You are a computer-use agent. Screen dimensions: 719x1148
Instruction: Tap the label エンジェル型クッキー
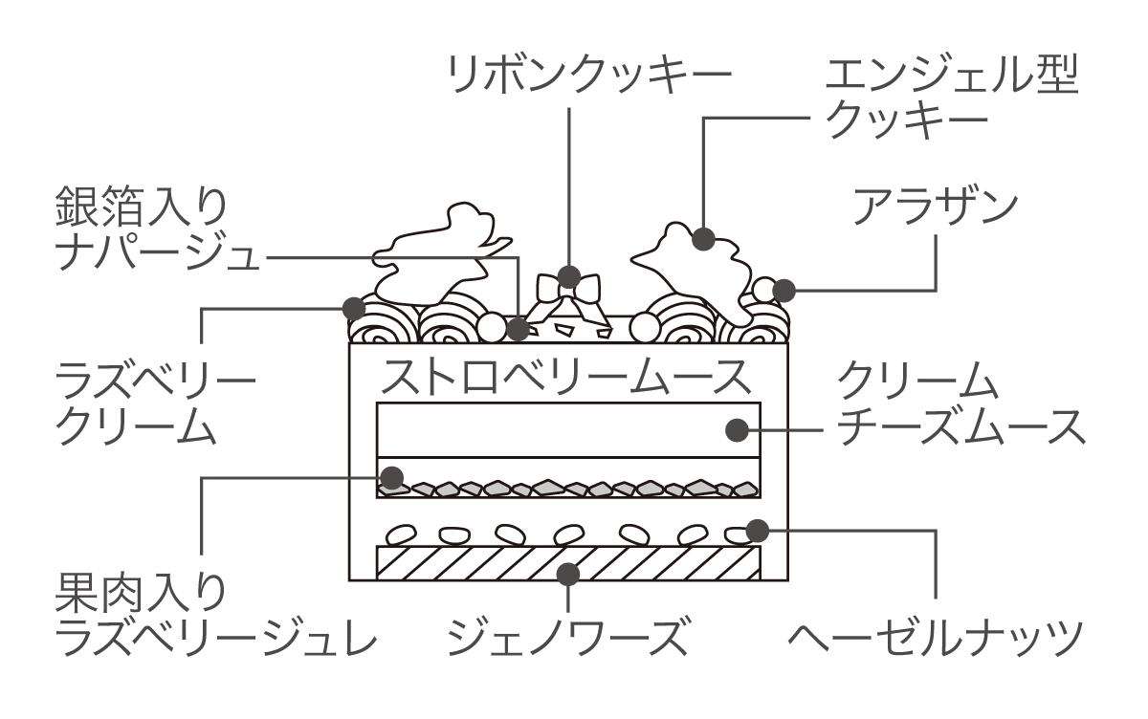tap(951, 99)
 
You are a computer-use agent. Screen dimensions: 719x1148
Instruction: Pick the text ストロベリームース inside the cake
tap(564, 377)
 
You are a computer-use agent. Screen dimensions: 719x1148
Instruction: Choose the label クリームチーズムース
tap(960, 405)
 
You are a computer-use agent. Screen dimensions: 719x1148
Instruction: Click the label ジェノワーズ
tap(568, 634)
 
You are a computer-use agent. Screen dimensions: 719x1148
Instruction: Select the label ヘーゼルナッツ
tap(936, 634)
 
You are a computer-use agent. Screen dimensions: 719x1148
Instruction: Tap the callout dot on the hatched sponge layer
tap(568, 573)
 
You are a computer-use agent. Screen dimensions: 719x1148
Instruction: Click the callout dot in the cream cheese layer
tap(736, 429)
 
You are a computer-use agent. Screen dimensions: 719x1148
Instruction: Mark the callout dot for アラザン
tap(784, 289)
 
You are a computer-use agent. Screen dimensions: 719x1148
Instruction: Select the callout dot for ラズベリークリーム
tap(354, 308)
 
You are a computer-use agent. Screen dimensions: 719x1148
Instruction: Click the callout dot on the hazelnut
tap(757, 528)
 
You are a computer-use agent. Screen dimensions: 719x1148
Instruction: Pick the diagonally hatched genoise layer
tap(478, 563)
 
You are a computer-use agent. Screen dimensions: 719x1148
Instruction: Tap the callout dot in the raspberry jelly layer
tap(392, 475)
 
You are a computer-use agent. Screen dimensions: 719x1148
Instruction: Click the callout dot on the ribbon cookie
tap(568, 277)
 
